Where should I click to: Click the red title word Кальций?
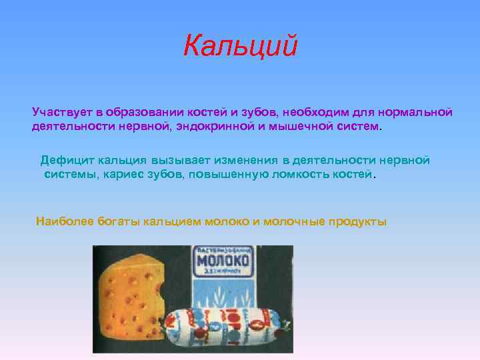pyautogui.click(x=240, y=47)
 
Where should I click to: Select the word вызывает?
pyautogui.click(x=199, y=160)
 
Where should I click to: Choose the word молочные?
pyautogui.click(x=293, y=221)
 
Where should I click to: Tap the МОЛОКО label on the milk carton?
pyautogui.click(x=223, y=260)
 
